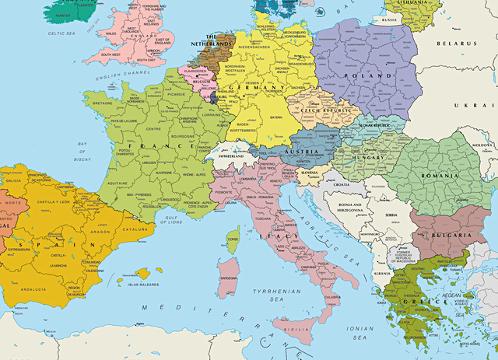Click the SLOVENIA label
310,173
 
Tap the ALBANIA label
382,274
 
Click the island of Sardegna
230,276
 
